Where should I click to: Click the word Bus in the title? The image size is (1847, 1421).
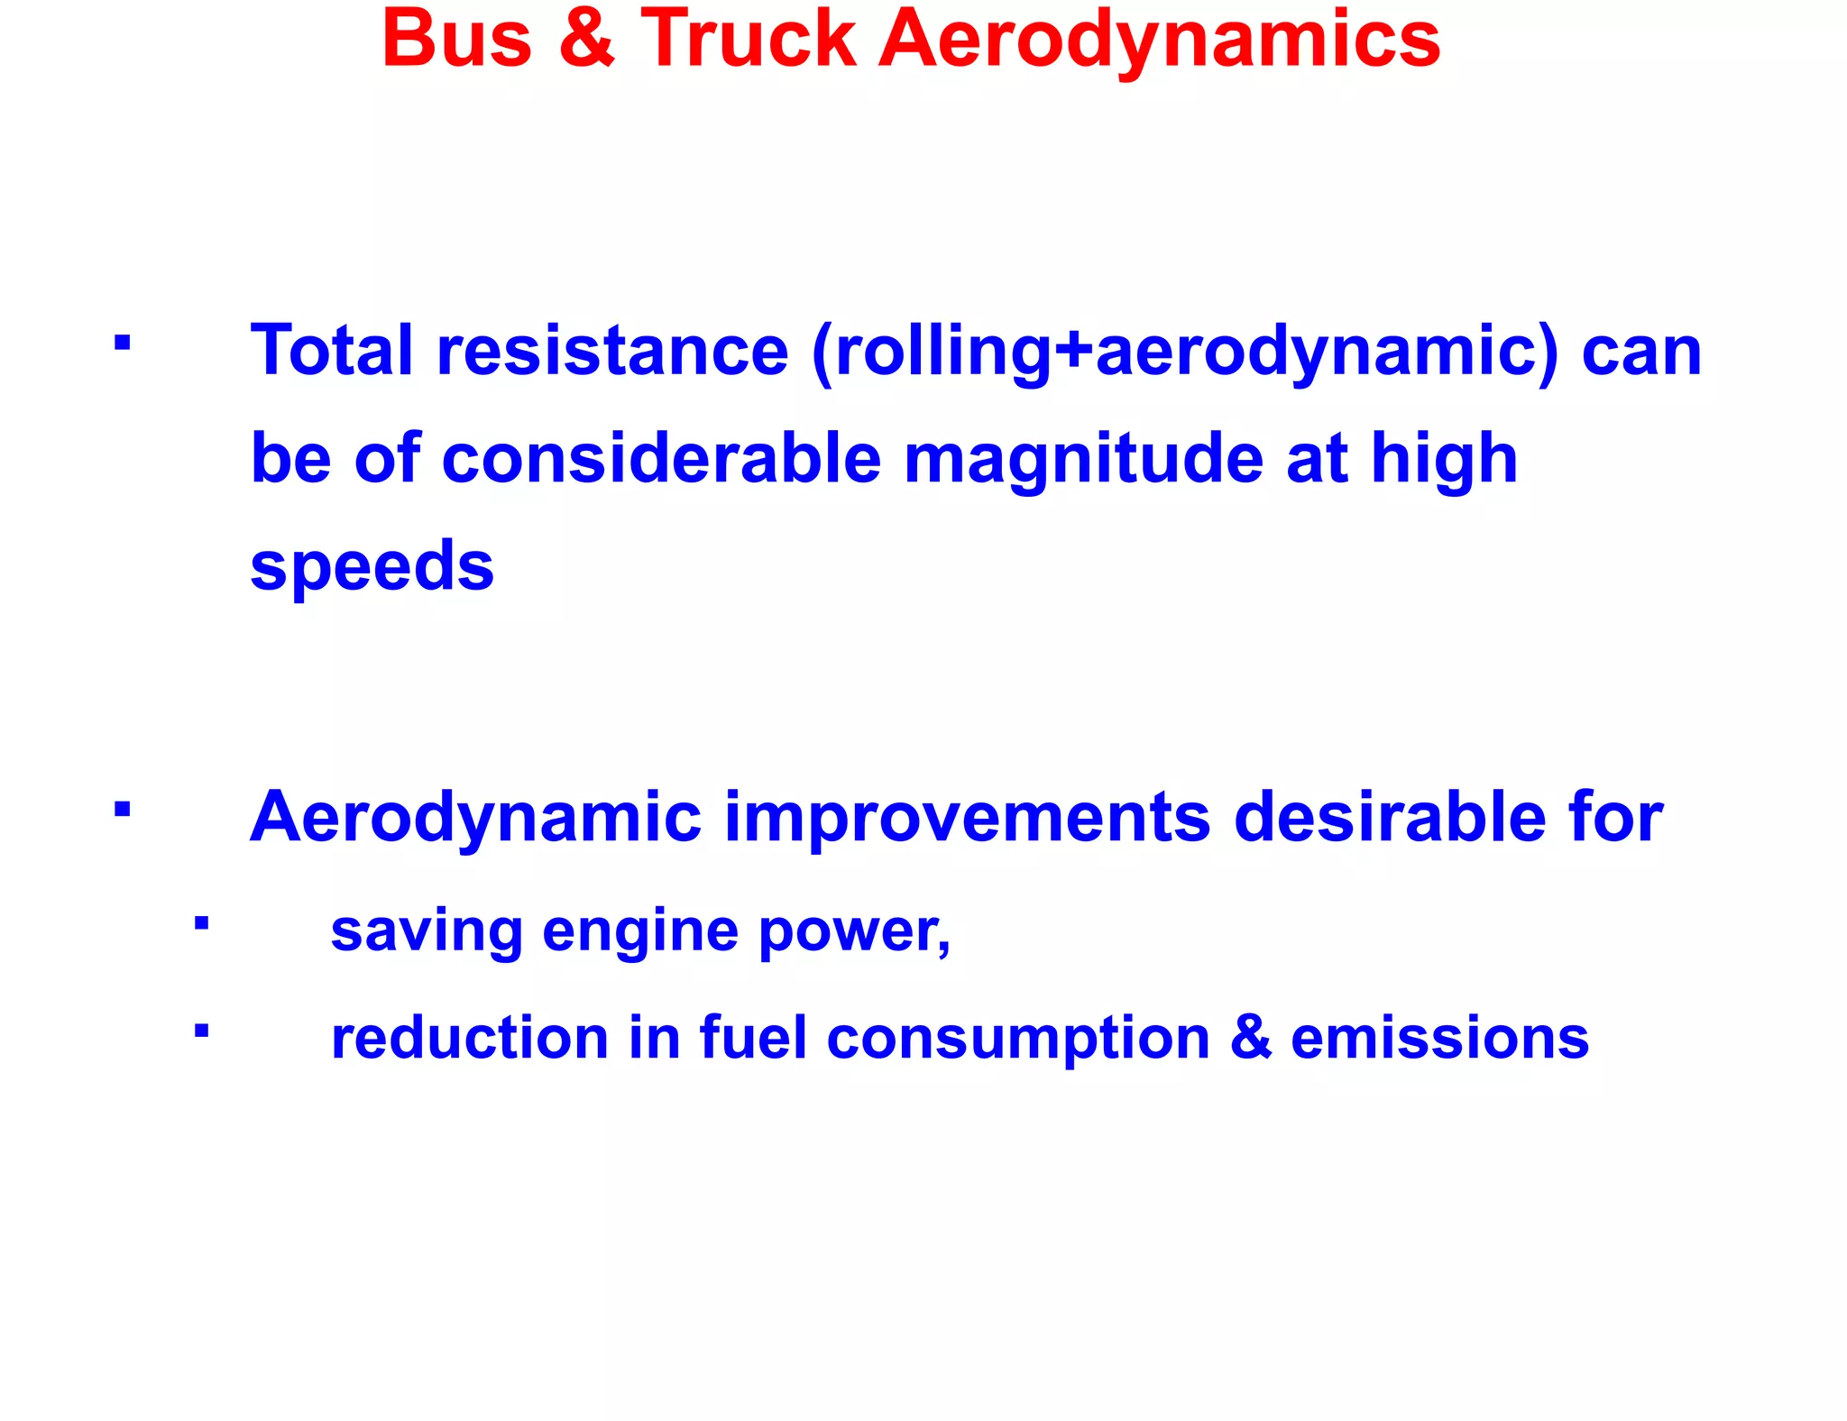tap(457, 41)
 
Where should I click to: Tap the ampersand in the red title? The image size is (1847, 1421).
tap(587, 41)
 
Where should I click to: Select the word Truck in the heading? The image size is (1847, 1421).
tap(748, 41)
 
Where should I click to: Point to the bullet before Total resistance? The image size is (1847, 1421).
tap(123, 344)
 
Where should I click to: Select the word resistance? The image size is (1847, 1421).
tap(612, 352)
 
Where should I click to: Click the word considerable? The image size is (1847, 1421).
tap(661, 459)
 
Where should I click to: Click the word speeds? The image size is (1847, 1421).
tap(372, 567)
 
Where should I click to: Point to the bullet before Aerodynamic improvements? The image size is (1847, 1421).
tap(123, 809)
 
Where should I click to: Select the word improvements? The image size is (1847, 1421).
tap(967, 818)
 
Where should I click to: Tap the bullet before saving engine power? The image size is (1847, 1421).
tap(202, 923)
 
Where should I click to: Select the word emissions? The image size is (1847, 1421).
tap(1439, 1039)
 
